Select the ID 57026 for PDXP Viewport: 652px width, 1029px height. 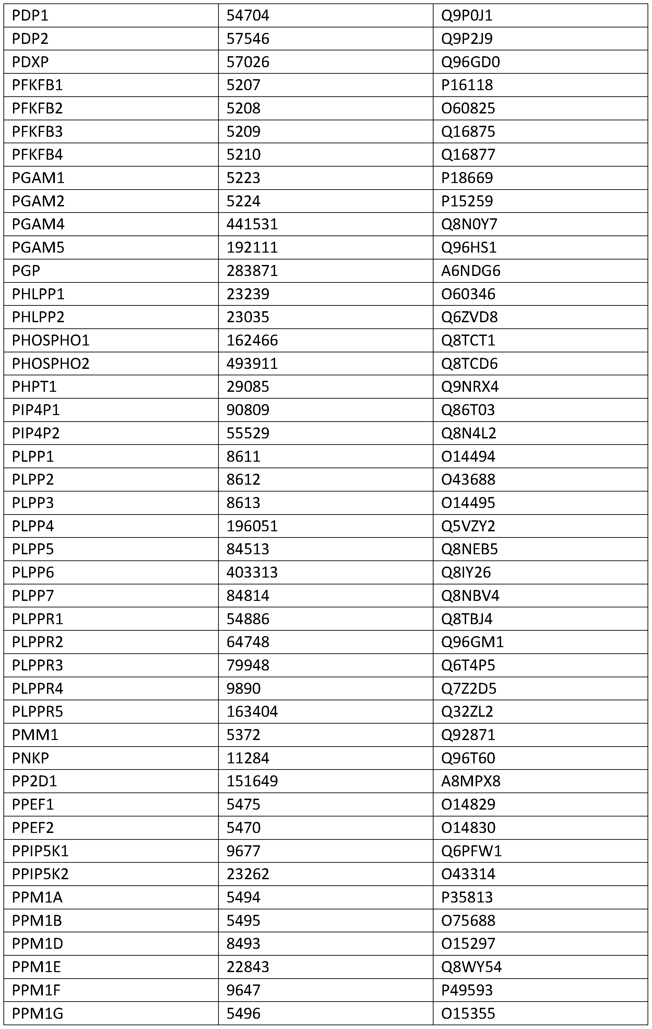tap(248, 62)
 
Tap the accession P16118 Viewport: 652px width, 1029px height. tap(467, 85)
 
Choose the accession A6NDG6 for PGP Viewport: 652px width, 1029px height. tap(470, 270)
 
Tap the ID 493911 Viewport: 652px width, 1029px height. tap(252, 363)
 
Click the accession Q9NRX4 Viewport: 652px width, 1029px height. tap(470, 387)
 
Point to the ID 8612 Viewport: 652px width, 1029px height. tap(243, 480)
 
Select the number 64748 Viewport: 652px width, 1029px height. tap(248, 642)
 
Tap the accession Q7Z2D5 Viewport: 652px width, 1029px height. tap(469, 688)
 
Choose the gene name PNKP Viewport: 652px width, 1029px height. tap(31, 758)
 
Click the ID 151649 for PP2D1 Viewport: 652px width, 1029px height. tap(252, 781)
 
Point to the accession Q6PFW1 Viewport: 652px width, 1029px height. tap(471, 851)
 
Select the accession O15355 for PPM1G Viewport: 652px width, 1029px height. tap(468, 1013)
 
